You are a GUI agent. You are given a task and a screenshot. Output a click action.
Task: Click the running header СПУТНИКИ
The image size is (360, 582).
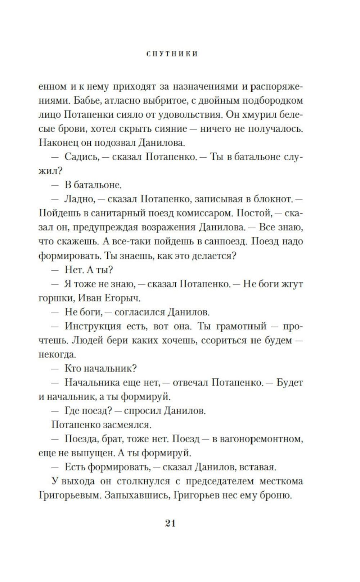point(172,54)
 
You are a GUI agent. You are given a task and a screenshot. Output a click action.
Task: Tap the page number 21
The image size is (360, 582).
point(170,523)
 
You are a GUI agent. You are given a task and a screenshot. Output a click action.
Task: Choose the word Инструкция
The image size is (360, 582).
point(93,326)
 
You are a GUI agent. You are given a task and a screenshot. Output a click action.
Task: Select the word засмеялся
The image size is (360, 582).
point(127,425)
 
